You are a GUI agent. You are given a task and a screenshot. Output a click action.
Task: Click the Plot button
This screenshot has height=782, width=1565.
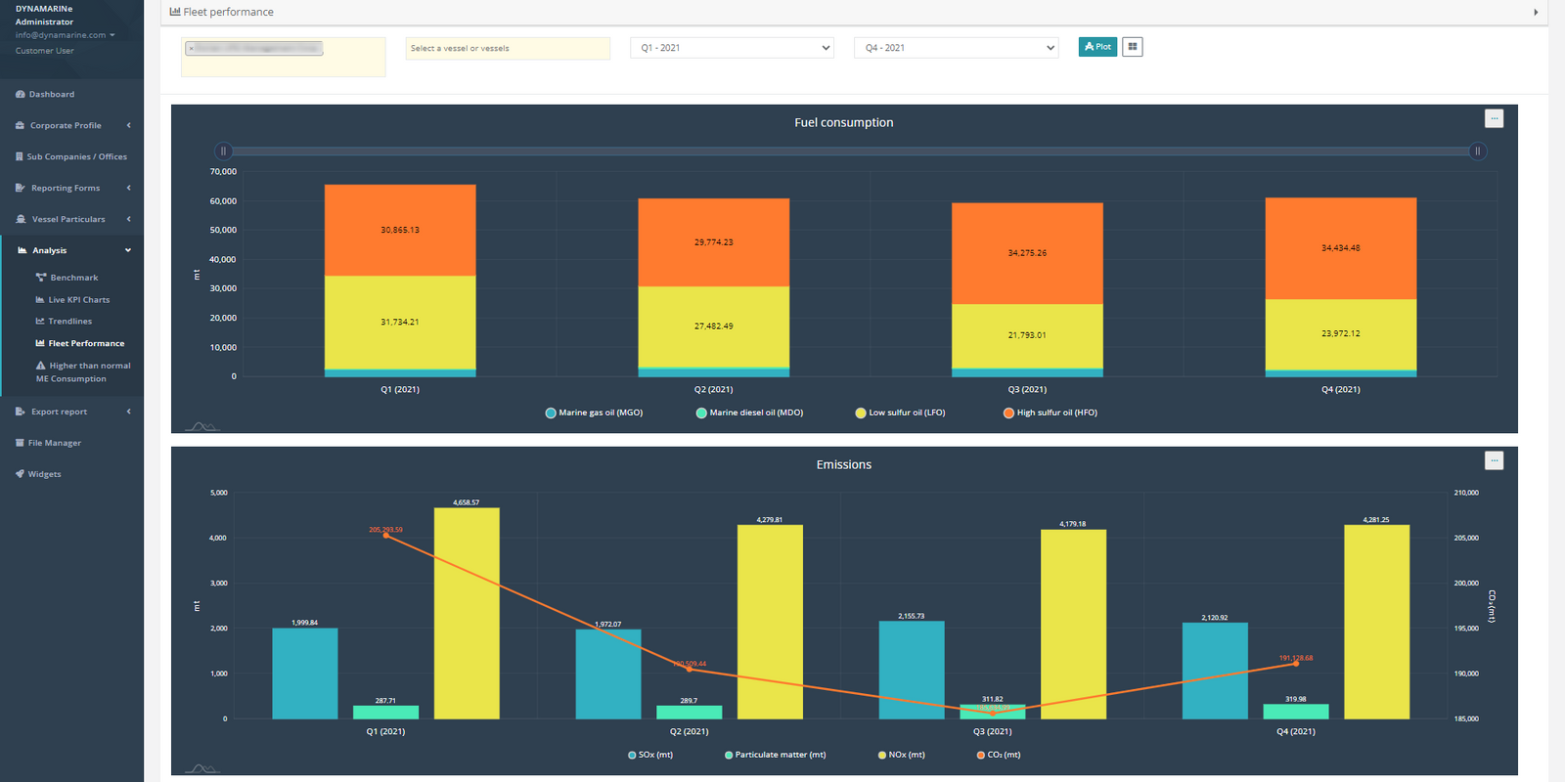pos(1097,47)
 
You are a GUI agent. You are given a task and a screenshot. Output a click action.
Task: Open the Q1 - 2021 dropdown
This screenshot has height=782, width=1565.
pos(732,48)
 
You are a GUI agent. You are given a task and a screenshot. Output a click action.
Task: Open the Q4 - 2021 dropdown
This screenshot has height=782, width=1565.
pos(956,48)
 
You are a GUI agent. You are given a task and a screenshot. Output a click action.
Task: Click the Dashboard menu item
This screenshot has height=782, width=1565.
pos(51,95)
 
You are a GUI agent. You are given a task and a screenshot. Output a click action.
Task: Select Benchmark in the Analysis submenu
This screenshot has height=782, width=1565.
pos(73,278)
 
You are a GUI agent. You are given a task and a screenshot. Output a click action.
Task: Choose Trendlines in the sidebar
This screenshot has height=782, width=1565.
pos(69,322)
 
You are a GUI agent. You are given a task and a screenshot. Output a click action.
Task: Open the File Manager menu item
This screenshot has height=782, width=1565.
pos(54,443)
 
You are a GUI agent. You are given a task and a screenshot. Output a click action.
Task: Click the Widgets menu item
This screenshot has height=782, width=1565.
pos(44,474)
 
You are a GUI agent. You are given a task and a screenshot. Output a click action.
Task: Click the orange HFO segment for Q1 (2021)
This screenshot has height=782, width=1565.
pos(400,230)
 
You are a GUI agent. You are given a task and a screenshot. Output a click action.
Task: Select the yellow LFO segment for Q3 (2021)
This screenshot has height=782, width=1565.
pos(1027,335)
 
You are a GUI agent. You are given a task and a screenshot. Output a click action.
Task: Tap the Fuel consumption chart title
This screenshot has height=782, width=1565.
pos(843,123)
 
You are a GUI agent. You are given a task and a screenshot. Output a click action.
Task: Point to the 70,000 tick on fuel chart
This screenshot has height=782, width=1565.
pos(223,172)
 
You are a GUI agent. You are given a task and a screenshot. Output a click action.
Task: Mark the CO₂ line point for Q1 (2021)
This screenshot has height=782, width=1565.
pos(386,536)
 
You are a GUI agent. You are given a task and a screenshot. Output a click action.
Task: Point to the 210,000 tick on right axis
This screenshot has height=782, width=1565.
pos(1466,493)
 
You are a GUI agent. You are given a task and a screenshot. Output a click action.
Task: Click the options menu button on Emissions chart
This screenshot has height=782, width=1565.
pos(1494,460)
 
